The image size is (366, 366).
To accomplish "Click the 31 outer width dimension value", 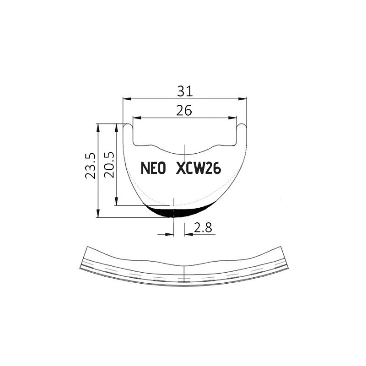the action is tap(185, 91).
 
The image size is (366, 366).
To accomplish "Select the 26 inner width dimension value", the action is tap(184, 110).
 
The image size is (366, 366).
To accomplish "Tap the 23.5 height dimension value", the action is tap(90, 166).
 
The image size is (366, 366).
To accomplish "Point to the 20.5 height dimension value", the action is tap(109, 165).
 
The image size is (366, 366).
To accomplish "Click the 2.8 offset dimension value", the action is tap(203, 228).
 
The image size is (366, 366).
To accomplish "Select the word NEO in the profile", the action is tap(153, 168).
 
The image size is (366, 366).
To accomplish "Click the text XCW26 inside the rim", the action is tap(199, 168).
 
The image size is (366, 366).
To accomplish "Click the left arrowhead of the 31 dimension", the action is tap(127, 99).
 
